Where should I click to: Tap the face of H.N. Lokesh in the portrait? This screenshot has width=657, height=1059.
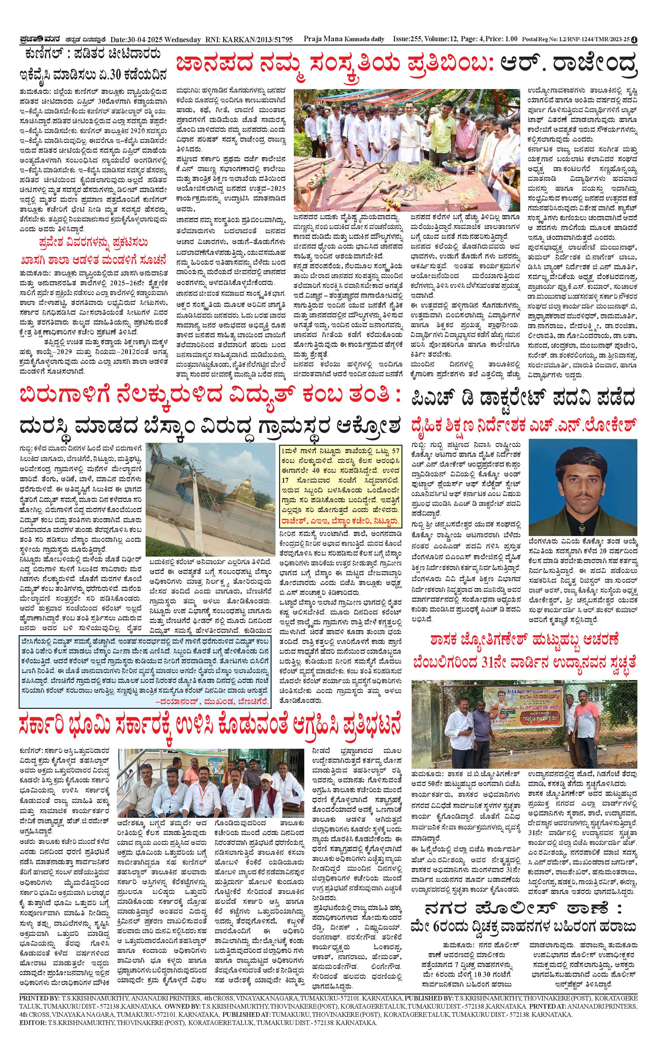[x=581, y=476]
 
